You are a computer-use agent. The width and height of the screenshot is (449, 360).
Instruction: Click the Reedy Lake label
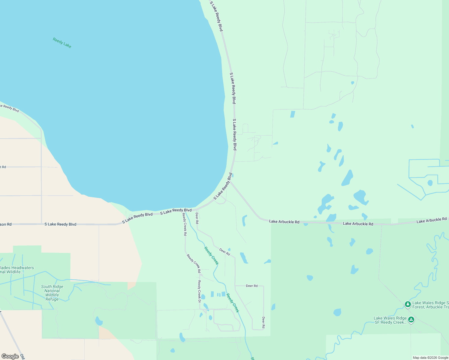pos(62,43)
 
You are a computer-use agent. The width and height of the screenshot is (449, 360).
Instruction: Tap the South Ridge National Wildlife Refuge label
pos(52,293)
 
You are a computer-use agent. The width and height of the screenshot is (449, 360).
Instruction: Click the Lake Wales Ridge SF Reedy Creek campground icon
pos(411,320)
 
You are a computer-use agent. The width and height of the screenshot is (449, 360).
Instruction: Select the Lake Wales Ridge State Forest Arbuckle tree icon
pos(408,304)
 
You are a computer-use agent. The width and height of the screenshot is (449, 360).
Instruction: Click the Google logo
pos(10,356)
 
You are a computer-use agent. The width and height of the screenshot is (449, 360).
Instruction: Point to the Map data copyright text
pos(430,358)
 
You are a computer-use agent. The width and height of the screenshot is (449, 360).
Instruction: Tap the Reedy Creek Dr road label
pos(199,291)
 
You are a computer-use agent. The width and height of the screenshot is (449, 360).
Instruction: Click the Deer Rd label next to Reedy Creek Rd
pos(197,218)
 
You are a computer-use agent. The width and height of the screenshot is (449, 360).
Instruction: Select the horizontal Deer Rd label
pos(252,286)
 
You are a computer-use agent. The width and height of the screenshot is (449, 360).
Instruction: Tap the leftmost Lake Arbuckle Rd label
pos(284,222)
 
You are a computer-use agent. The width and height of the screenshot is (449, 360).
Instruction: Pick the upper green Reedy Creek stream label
pos(212,256)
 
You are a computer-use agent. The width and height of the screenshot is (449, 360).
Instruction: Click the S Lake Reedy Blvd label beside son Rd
pos(60,224)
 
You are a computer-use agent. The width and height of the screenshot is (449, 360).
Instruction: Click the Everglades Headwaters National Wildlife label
pos(17,270)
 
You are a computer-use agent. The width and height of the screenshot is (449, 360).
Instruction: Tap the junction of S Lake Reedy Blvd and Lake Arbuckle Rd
pos(230,181)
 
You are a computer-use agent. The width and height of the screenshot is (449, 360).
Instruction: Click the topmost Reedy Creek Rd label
pos(185,225)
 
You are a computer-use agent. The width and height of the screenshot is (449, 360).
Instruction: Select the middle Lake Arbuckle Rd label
pos(358,224)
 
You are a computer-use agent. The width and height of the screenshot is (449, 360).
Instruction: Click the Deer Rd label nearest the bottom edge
pos(263,322)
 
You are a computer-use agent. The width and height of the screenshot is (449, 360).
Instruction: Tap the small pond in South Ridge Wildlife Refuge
pos(98,321)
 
